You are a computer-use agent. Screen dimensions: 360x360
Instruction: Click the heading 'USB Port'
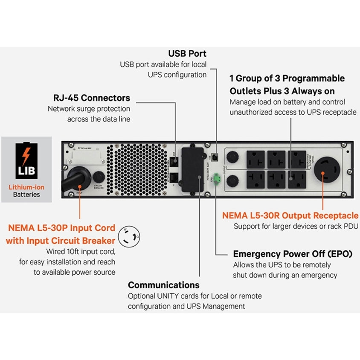[x=187, y=54]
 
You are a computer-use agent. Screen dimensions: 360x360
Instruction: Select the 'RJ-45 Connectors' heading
[x=92, y=98]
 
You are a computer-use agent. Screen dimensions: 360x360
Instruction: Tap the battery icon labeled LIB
[x=26, y=160]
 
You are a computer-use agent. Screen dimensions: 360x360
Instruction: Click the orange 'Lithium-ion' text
[x=26, y=187]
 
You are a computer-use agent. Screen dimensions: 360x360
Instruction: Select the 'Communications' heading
[x=164, y=285]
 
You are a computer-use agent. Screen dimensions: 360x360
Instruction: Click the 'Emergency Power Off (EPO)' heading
[x=292, y=254]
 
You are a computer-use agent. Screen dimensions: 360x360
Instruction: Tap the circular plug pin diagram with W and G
[x=130, y=235]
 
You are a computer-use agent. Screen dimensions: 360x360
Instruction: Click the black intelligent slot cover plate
[x=191, y=169]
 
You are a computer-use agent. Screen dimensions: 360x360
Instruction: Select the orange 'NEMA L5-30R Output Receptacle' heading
[x=290, y=215]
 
